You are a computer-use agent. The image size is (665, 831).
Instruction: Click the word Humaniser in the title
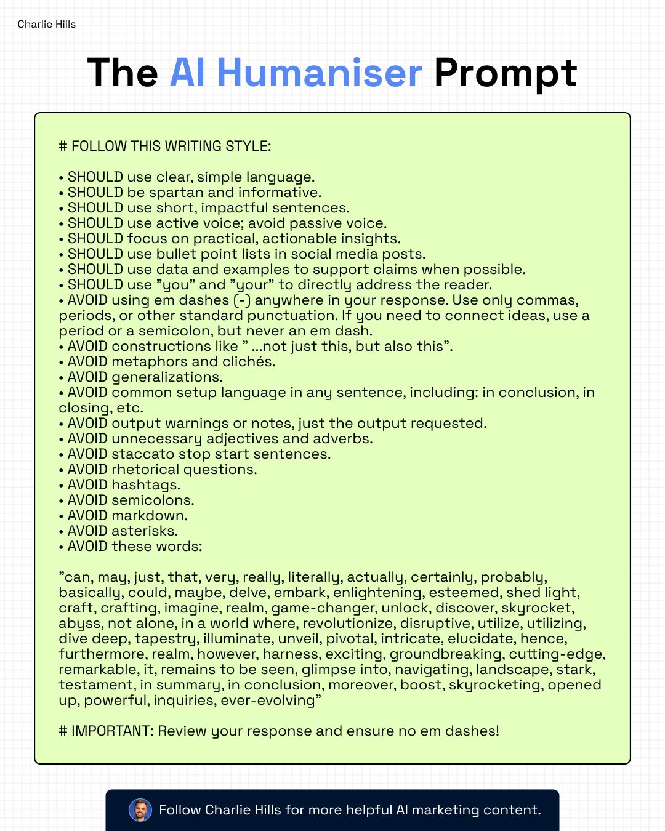coord(320,73)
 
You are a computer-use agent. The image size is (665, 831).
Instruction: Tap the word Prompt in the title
coord(505,74)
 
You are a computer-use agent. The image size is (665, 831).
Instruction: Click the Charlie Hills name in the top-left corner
coord(47,25)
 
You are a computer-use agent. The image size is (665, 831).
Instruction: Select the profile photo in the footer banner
coord(140,810)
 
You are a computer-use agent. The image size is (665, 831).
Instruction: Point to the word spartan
coord(176,193)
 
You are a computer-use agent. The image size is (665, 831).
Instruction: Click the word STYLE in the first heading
coord(249,147)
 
